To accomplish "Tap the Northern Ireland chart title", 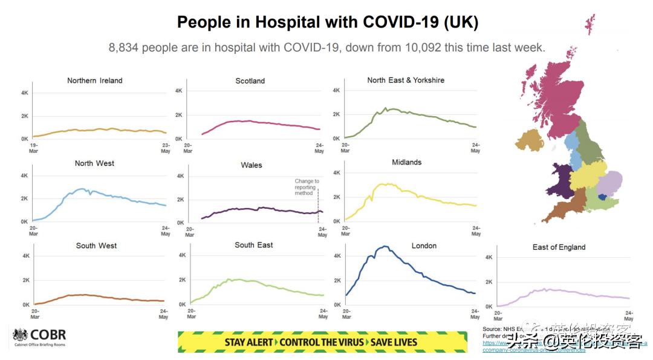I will click(x=95, y=80).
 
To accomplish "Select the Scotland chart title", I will click(x=250, y=81).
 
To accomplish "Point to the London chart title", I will click(x=424, y=246).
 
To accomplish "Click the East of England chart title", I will click(x=559, y=247).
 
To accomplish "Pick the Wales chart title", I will click(x=252, y=165).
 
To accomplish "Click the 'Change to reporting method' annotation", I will click(x=307, y=187).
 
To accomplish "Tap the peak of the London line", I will click(x=384, y=246).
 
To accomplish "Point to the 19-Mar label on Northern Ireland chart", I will click(x=34, y=148).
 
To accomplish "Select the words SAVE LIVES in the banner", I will click(x=393, y=342).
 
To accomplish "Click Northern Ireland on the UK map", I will click(x=529, y=140).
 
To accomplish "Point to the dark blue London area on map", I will click(x=602, y=197).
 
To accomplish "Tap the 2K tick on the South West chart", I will click(x=27, y=281).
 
